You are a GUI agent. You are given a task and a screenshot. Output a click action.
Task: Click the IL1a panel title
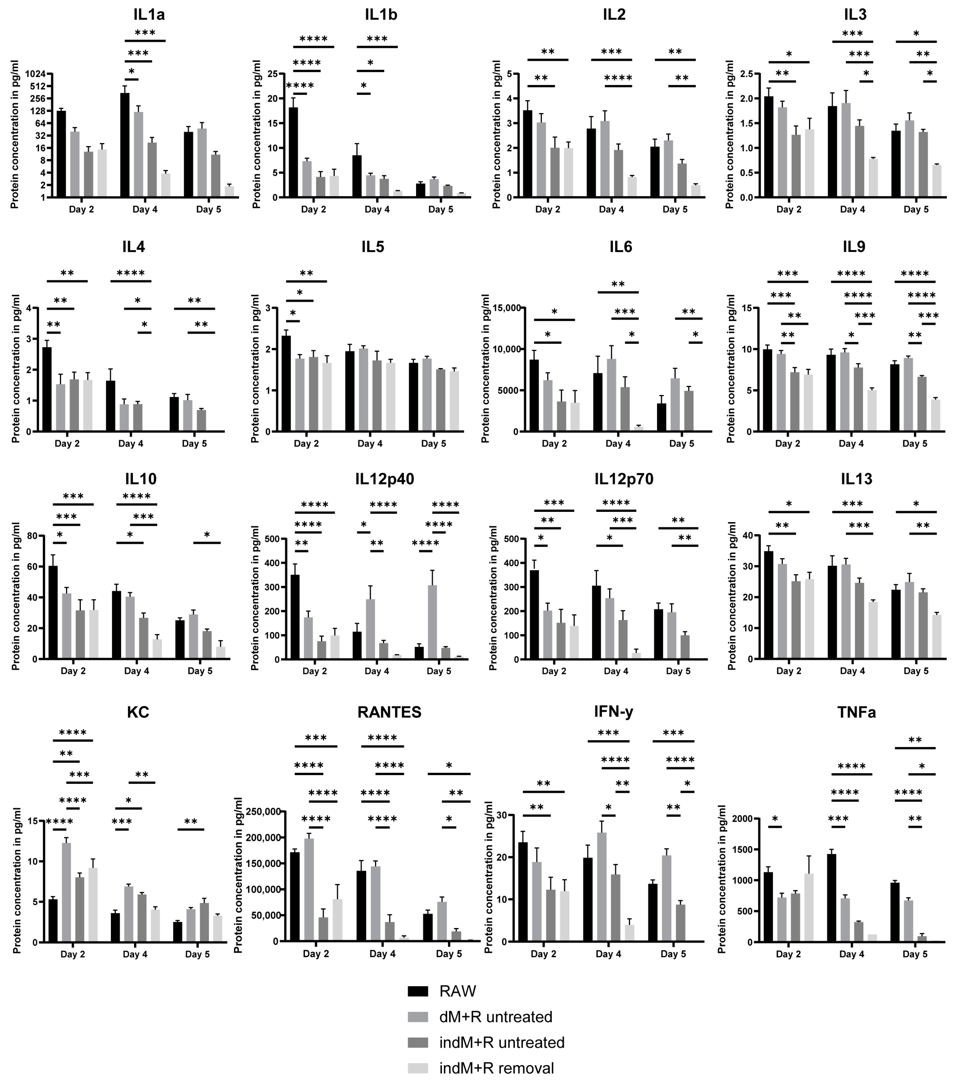[x=149, y=15]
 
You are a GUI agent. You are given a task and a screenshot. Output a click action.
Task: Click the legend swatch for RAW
[x=417, y=991]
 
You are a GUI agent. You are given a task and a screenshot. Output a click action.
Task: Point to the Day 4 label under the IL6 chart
[x=618, y=444]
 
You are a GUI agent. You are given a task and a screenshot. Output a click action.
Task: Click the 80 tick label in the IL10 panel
[x=32, y=536]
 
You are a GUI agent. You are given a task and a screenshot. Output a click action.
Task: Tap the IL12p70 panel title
[x=624, y=479]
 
